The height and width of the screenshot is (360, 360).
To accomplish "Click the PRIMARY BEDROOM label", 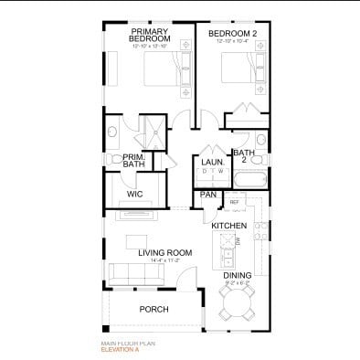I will click(150, 36).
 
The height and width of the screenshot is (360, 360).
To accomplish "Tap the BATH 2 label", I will click(243, 156).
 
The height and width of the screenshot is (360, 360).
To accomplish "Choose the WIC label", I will click(135, 194).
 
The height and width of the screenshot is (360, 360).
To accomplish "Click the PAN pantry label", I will click(207, 195).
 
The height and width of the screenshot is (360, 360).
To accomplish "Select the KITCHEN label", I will click(229, 225).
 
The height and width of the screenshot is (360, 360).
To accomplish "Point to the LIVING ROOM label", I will click(164, 252).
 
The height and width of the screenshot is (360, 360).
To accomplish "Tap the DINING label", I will click(238, 274).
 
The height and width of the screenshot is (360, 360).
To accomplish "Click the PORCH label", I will click(154, 310).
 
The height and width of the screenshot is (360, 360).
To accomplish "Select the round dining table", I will click(238, 302).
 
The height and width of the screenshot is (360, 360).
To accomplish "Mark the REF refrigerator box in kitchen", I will click(234, 202).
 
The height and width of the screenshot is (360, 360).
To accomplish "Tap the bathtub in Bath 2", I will click(249, 179).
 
